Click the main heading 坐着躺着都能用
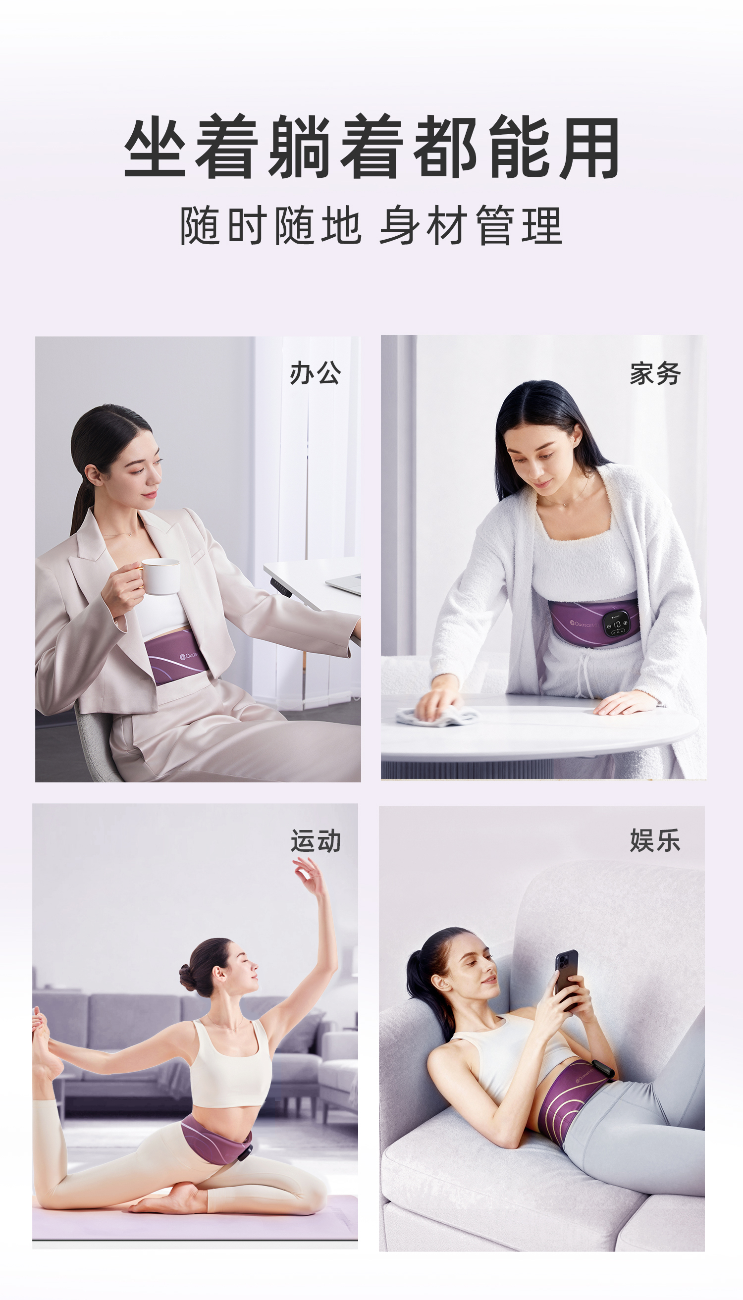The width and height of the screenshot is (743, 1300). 371,147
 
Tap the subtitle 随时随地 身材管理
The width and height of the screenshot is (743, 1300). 371,225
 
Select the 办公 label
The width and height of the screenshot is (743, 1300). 315,372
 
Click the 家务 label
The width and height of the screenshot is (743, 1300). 655,373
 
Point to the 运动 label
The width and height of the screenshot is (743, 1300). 316,840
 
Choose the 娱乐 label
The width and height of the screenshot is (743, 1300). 655,840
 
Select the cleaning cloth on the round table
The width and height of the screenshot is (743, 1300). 436,715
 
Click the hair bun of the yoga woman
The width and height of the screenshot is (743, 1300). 188,976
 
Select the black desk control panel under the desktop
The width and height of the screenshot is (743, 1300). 282,586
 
